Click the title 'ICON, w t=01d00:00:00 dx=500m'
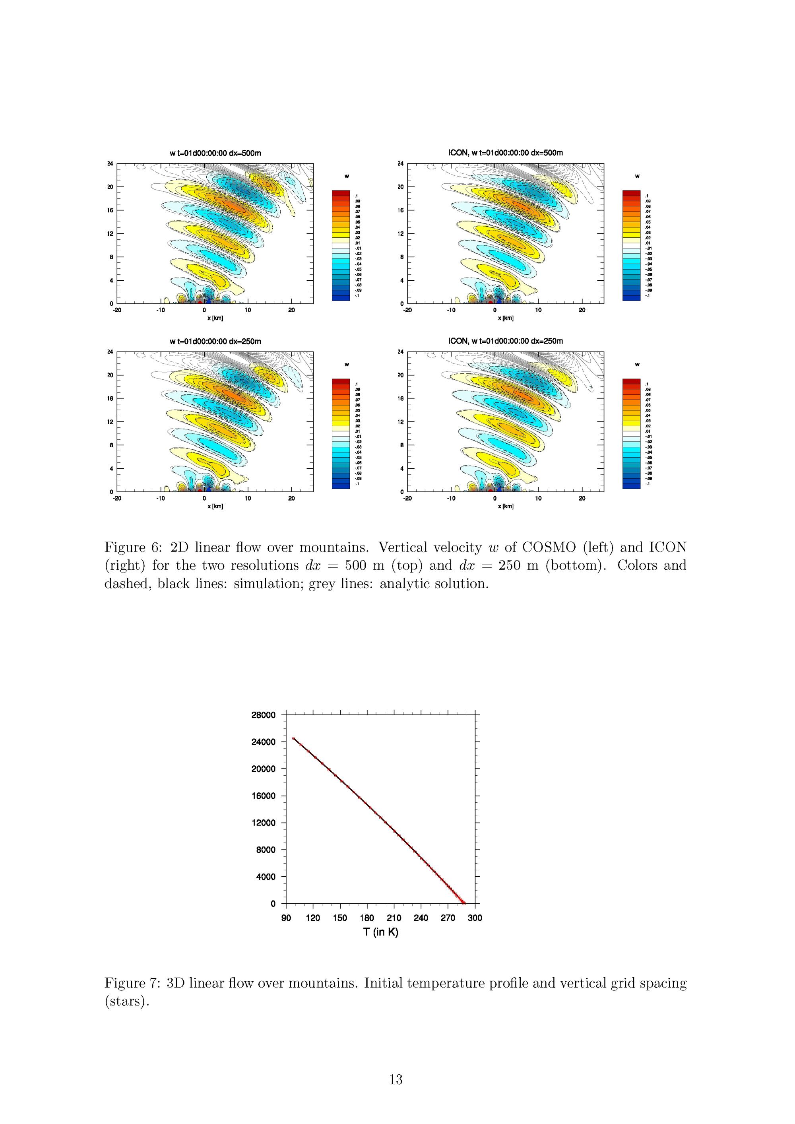pos(505,153)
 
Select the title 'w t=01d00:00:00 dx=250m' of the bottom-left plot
pos(215,341)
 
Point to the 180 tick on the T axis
pos(366,918)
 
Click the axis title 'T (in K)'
pos(380,932)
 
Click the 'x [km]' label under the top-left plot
pos(215,318)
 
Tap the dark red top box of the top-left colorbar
pos(341,193)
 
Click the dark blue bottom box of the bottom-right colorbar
pos(631,485)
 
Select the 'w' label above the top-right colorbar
pos(637,176)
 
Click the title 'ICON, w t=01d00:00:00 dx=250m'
pos(505,341)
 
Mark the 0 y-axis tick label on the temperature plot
pos(273,904)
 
